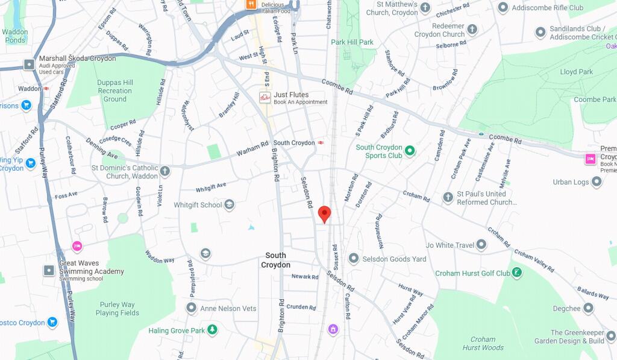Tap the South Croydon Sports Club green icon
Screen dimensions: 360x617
410,151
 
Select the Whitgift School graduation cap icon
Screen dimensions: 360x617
229,205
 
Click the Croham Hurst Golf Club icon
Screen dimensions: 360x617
517,273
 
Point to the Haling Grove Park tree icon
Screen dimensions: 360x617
212,330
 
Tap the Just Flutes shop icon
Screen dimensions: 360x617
265,98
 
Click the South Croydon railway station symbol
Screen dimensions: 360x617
322,143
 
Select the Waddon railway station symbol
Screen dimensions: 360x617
46,89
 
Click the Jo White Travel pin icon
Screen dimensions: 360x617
481,245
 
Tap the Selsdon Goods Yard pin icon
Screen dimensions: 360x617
353,259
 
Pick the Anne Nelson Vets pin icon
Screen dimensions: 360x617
192,308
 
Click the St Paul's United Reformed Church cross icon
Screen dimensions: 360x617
448,198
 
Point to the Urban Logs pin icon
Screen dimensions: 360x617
596,182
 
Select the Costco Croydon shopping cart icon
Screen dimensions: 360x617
52,322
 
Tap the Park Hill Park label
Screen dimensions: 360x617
352,42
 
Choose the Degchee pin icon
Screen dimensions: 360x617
588,308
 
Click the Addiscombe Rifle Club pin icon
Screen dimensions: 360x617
503,8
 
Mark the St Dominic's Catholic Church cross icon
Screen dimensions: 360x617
165,172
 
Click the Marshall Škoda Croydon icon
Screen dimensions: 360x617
29,64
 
